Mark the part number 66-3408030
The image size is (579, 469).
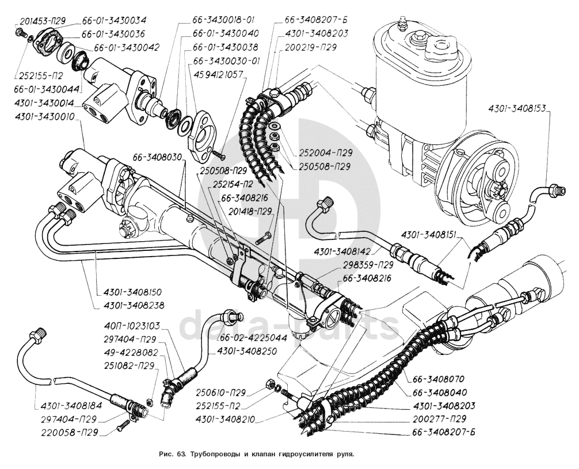158,157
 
